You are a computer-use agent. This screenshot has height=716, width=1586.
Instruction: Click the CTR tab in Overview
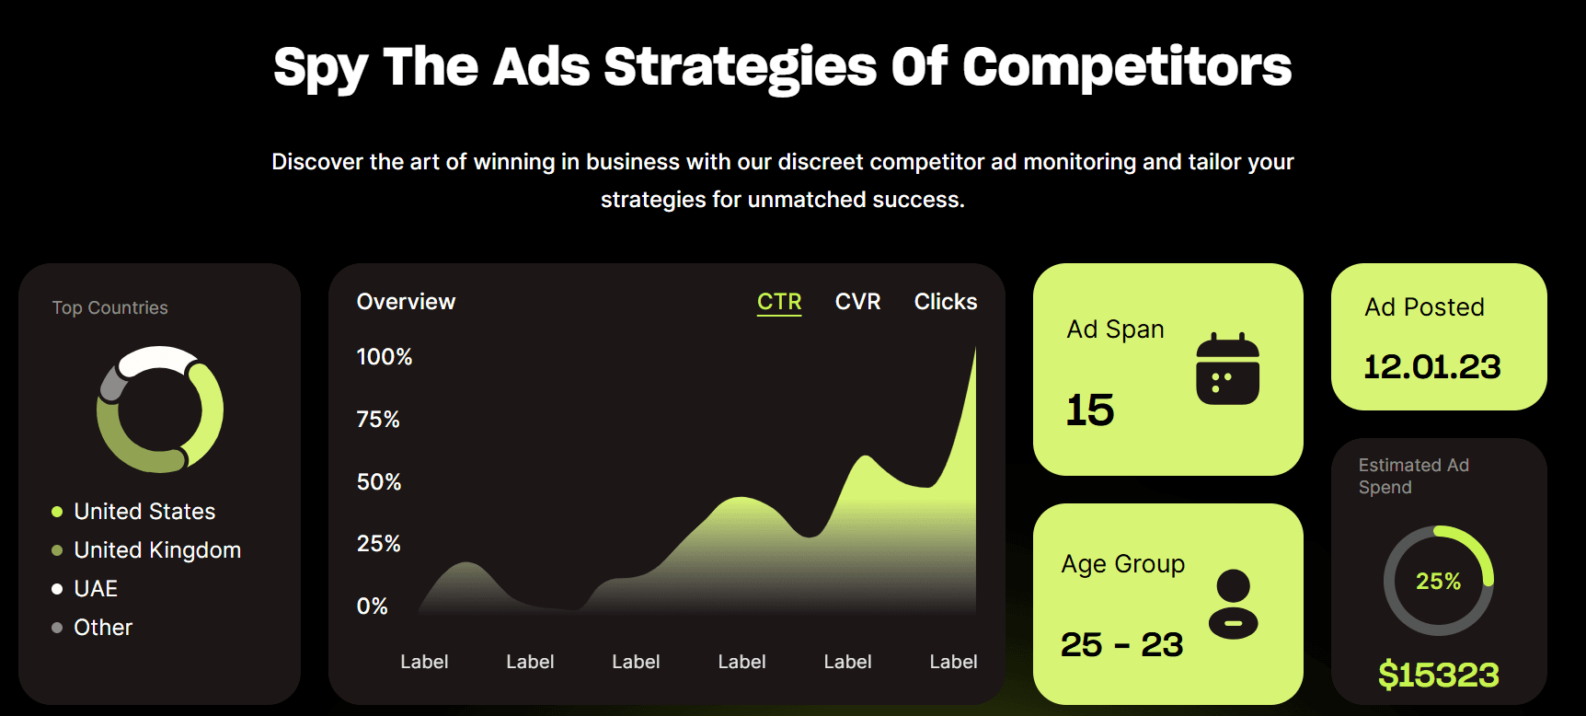coord(779,302)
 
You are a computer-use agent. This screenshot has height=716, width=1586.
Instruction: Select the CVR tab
coord(857,302)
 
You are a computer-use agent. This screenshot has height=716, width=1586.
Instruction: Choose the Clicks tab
coord(945,302)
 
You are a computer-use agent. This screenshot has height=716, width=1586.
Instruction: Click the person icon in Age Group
coord(1233,604)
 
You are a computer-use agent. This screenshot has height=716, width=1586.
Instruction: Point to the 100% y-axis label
coord(385,357)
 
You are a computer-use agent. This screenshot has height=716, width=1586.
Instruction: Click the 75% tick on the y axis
coord(378,420)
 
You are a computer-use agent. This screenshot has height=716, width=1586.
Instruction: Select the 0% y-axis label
coord(373,606)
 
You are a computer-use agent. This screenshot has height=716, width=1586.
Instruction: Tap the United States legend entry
coord(144,512)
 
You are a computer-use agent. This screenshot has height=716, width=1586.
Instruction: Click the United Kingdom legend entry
coord(157,550)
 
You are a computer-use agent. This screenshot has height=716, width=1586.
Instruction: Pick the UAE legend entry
coord(96,589)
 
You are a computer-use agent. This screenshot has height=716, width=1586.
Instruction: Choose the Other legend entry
coord(103,628)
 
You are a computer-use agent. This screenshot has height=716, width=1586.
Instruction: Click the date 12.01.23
coord(1431,367)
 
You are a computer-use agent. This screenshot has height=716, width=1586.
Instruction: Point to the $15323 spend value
coord(1438,675)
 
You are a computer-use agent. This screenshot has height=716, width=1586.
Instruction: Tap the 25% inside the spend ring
coord(1438,582)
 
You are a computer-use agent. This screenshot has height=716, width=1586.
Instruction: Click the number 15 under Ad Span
coord(1090,410)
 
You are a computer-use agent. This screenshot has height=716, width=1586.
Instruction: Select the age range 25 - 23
coord(1121,645)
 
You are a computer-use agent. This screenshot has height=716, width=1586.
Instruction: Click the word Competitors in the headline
coord(1127,67)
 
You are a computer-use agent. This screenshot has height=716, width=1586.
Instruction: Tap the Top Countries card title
coord(110,308)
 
